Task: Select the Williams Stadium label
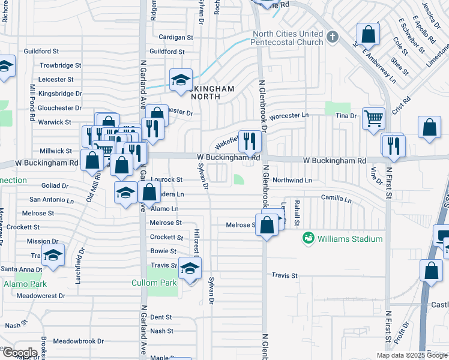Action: tap(351, 239)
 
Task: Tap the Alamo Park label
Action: tap(25, 283)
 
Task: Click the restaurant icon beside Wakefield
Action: tap(250, 140)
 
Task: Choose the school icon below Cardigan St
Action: tap(180, 79)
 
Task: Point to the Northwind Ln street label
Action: tap(292, 179)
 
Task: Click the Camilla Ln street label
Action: tap(336, 198)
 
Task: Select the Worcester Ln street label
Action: tap(288, 115)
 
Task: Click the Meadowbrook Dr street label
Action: tap(79, 341)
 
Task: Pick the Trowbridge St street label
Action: tap(60, 65)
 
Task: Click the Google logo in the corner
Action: tap(19, 352)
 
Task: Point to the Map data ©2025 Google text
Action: tap(411, 355)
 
